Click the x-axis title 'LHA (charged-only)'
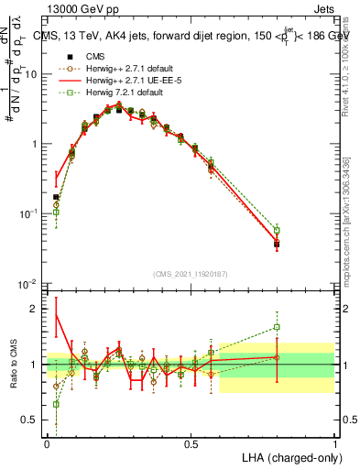pyautogui.click(x=290, y=456)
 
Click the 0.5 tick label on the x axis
pyautogui.click(x=191, y=443)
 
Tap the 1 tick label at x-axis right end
pyautogui.click(x=334, y=443)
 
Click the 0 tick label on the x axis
pyautogui.click(x=47, y=443)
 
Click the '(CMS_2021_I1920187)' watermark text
pyautogui.click(x=191, y=272)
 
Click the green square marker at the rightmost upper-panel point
pyautogui.click(x=277, y=230)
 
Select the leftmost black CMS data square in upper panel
pyautogui.click(x=56, y=197)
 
